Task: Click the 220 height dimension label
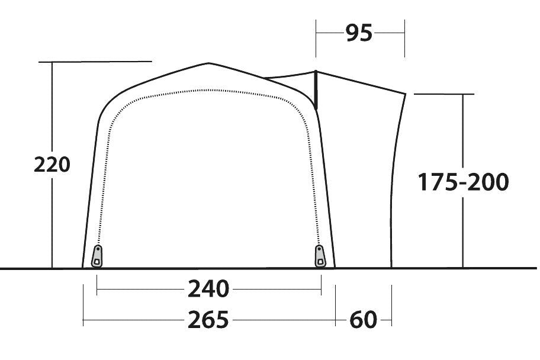tap(52, 165)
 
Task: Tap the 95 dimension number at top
tap(359, 34)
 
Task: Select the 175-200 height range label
tap(463, 182)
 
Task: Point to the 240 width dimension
tap(208, 290)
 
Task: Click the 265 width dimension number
tap(208, 320)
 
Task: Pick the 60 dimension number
tap(363, 320)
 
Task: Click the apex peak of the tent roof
tap(208, 63)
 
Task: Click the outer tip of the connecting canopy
tap(406, 93)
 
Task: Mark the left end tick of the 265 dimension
tap(83, 321)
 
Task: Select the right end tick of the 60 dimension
tap(391, 321)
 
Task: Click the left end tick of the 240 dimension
tap(97, 290)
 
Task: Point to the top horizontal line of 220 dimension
tap(95, 61)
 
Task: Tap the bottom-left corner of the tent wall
tap(82, 267)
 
